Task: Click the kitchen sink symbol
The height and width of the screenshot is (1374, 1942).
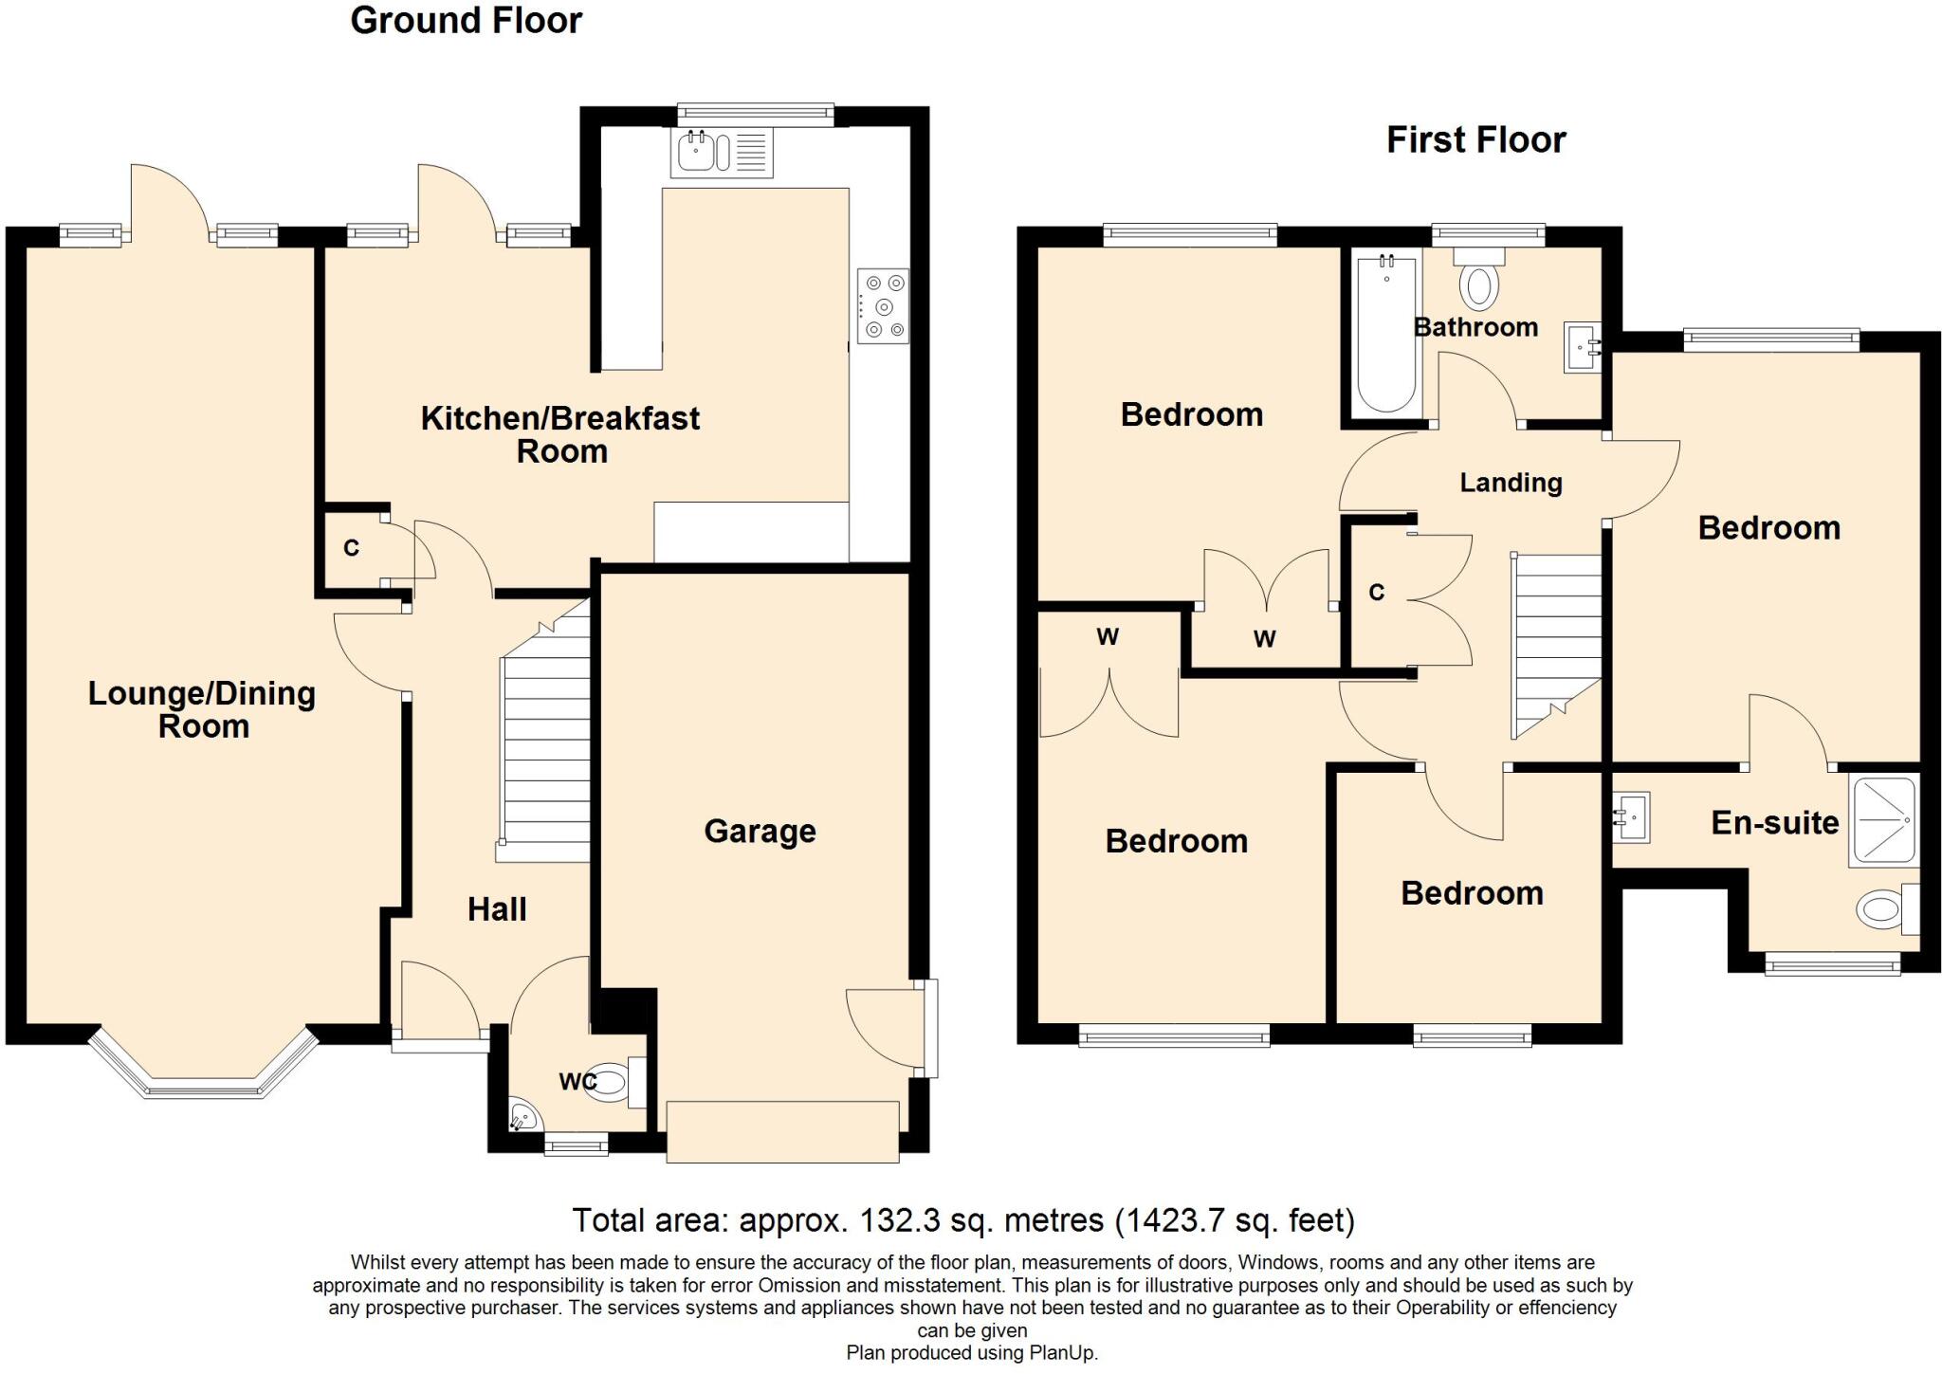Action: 721,153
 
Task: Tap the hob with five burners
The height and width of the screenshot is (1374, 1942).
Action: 883,305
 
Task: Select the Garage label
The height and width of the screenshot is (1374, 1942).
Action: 760,832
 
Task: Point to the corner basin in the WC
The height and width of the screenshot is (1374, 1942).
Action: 522,1117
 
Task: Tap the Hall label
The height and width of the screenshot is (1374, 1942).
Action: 497,909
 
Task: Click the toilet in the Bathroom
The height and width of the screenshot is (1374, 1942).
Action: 1479,282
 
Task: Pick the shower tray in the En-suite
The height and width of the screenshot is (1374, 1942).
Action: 1883,818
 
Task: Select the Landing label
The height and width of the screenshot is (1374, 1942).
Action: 1511,483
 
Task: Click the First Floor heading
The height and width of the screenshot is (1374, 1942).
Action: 1475,140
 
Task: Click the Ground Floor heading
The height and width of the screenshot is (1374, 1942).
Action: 466,21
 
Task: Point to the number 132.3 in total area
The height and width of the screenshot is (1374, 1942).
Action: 899,1219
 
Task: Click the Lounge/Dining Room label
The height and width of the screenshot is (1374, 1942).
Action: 202,709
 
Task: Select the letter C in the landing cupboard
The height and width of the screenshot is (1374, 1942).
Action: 1377,593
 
